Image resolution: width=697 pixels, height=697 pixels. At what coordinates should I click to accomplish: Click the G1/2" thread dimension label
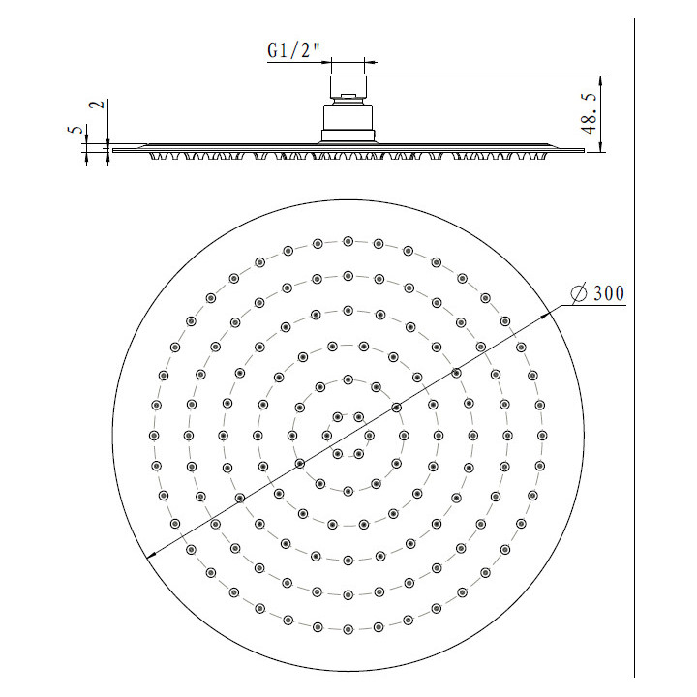(293, 50)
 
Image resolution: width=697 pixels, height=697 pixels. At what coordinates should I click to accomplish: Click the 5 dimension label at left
(76, 130)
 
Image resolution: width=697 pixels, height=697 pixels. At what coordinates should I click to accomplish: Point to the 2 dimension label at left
(98, 105)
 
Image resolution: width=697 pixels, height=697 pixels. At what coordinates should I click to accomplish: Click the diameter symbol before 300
(579, 293)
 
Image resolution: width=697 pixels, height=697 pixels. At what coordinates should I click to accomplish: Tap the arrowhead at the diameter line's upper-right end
(545, 315)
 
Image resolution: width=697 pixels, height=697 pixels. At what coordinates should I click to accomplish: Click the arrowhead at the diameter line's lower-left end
(152, 555)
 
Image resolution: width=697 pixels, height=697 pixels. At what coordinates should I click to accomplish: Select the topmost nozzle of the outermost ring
(348, 241)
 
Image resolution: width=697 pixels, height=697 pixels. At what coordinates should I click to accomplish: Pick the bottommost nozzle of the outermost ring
(348, 629)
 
